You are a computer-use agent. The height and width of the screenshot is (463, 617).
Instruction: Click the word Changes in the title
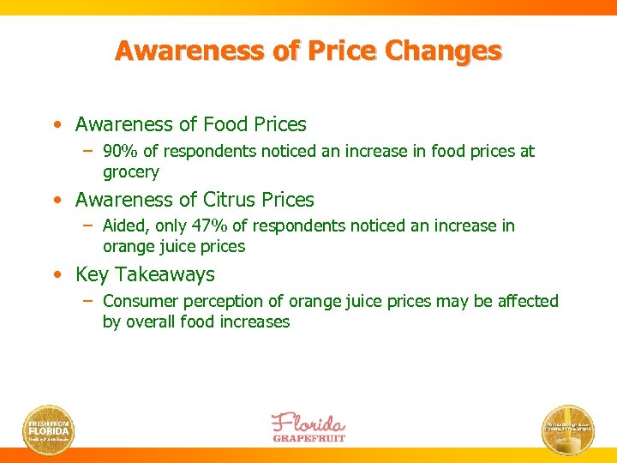click(x=443, y=51)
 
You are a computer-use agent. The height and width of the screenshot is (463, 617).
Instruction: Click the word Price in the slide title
click(x=344, y=51)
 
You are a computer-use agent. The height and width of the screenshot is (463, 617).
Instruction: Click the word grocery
click(x=131, y=172)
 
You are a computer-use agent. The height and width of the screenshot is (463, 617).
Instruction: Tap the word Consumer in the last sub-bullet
click(x=137, y=302)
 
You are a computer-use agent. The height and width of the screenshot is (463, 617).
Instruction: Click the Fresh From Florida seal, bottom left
click(x=49, y=430)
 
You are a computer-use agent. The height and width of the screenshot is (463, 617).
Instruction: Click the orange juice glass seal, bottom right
click(x=567, y=430)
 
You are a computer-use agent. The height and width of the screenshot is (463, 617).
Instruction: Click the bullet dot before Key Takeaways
click(x=56, y=275)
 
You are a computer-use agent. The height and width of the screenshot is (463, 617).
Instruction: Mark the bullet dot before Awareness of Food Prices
click(x=56, y=125)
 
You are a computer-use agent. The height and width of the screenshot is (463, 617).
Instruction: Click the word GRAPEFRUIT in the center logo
click(x=309, y=437)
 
